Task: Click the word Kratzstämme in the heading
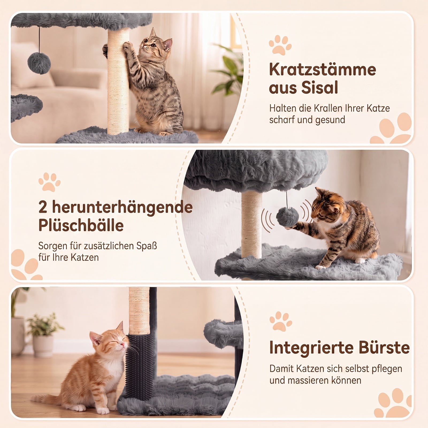click(323, 70)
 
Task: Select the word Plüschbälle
click(81, 225)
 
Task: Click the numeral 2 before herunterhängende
click(43, 208)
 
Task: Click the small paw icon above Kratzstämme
click(280, 45)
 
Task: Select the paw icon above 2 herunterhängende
click(49, 182)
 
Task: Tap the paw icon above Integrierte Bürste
click(281, 321)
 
